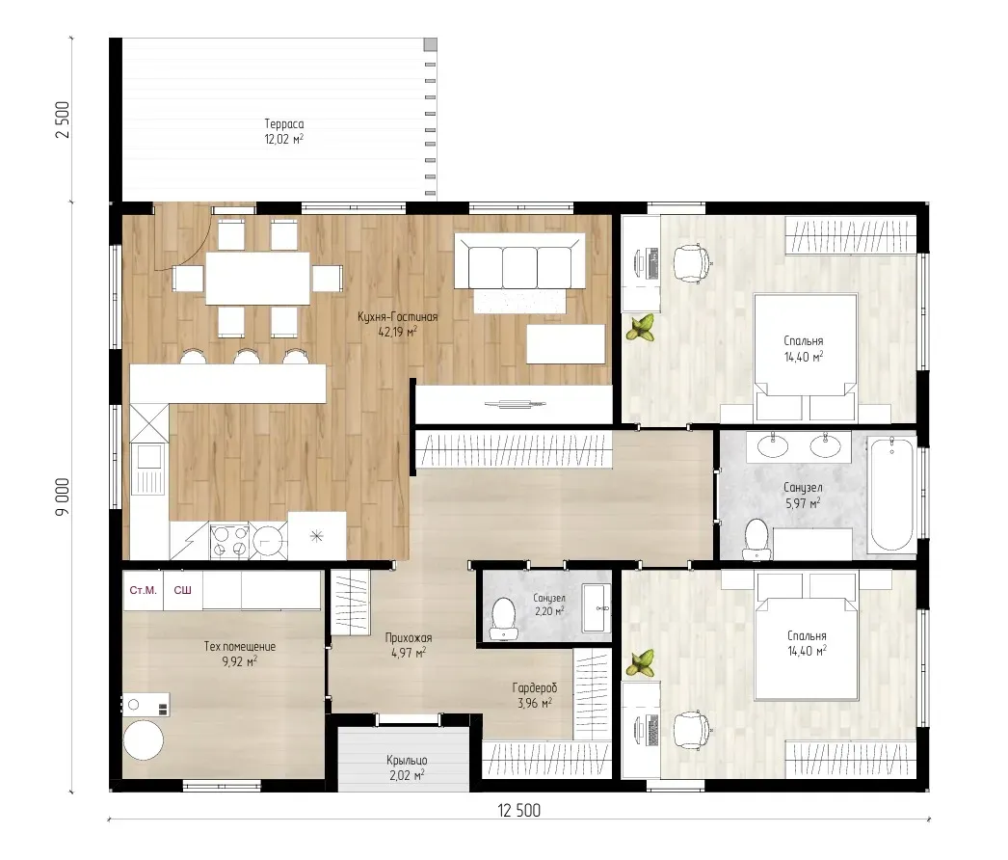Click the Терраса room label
click(284, 124)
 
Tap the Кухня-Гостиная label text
click(398, 316)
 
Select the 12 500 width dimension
click(518, 811)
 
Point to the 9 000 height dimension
click(63, 497)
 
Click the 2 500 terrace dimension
click(63, 120)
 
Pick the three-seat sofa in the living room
click(519, 260)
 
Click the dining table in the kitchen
click(258, 278)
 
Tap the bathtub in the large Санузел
click(891, 494)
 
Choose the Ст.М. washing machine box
click(143, 590)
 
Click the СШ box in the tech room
click(182, 590)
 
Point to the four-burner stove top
click(229, 541)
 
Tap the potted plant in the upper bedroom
click(640, 328)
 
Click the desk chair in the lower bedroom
click(692, 731)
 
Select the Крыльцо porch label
click(407, 761)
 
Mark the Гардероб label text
click(535, 687)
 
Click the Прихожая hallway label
click(409, 638)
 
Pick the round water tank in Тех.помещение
click(144, 740)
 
